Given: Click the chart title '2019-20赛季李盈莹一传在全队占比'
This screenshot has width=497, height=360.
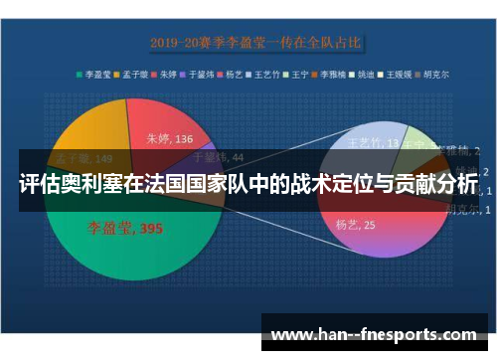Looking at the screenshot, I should (x=255, y=43).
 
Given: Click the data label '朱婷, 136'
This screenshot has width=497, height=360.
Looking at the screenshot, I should (x=170, y=138).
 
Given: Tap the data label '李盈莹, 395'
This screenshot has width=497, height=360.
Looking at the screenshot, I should (x=127, y=229).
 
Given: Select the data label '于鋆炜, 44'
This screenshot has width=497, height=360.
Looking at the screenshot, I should (x=217, y=156).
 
